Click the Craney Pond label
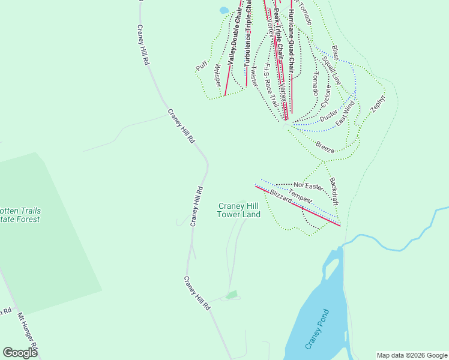click(317, 329)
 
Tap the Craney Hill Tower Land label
click(238, 210)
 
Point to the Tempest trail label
click(300, 196)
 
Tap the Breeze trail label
click(324, 148)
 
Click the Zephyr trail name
click(378, 103)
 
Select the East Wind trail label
click(345, 113)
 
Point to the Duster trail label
click(329, 119)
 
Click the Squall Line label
click(331, 70)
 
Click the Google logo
click(20, 353)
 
